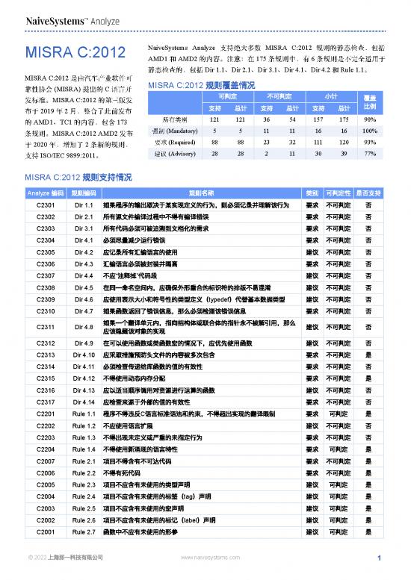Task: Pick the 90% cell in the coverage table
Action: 368,119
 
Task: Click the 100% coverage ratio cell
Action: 368,131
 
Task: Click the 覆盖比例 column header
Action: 368,102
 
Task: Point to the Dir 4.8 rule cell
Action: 83,326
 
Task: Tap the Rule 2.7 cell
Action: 83,532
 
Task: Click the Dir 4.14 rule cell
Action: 83,401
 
